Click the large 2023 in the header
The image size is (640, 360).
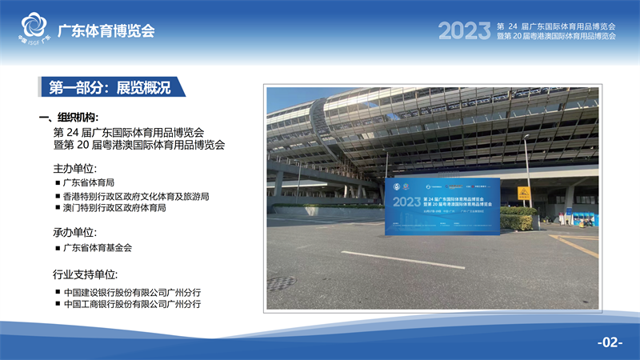pyautogui.click(x=464, y=31)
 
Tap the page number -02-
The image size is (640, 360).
pyautogui.click(x=610, y=342)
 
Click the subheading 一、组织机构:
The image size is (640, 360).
pyautogui.click(x=74, y=118)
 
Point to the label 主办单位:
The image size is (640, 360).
pyautogui.click(x=75, y=169)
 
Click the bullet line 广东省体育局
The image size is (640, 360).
pyautogui.click(x=93, y=183)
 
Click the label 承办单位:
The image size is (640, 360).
pyautogui.click(x=75, y=233)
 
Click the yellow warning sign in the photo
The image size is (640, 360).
pyautogui.click(x=523, y=193)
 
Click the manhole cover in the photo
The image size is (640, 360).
pyautogui.click(x=281, y=283)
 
